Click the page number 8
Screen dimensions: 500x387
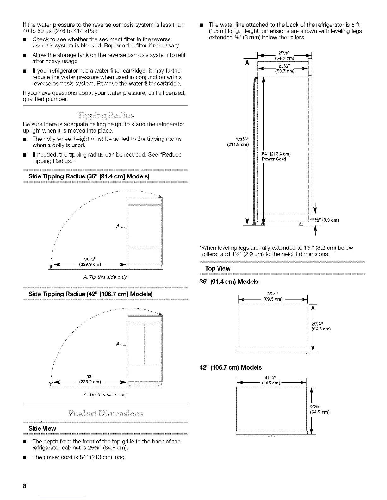point(24,486)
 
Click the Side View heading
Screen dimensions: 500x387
point(42,428)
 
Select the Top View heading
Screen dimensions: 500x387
point(218,268)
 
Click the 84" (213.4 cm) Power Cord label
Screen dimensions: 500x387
point(276,157)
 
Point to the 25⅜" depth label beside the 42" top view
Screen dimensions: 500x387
point(320,409)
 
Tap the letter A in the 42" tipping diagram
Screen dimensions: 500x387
point(118,344)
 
